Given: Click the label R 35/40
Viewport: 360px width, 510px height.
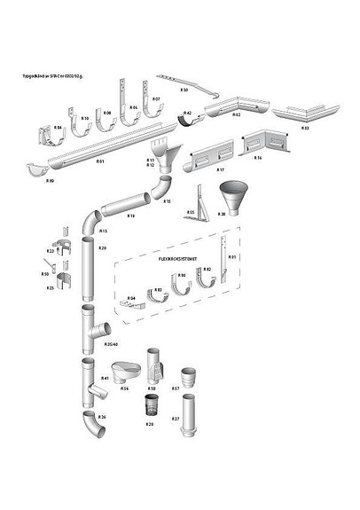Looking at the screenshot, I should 111,343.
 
